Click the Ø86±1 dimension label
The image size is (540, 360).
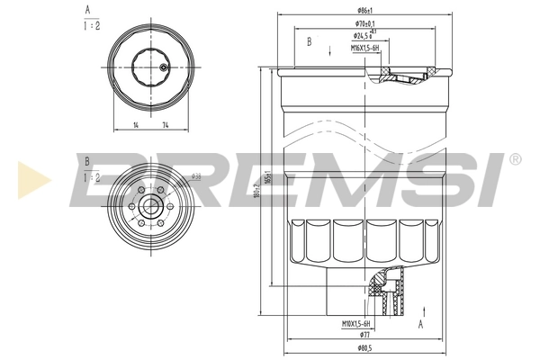365,11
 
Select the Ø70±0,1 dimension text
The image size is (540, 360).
364,25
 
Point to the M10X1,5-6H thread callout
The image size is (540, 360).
358,322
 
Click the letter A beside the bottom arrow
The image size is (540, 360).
421,320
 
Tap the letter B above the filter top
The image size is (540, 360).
309,42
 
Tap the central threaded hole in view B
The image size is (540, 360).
148,208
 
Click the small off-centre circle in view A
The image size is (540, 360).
162,67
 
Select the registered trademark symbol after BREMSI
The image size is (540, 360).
514,159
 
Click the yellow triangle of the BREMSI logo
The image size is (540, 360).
27,177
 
